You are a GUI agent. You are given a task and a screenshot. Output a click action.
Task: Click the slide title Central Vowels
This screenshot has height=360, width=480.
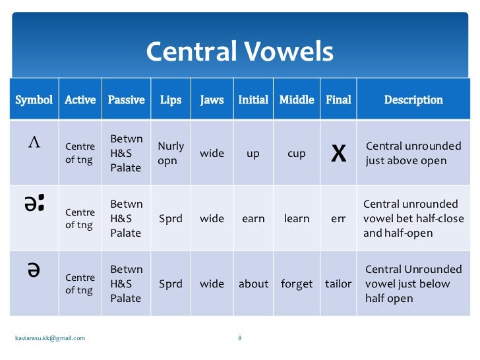(x=239, y=51)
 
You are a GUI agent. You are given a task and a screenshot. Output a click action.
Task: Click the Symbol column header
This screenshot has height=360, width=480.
(x=34, y=100)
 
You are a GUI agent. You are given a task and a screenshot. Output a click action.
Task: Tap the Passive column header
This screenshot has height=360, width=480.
(x=126, y=100)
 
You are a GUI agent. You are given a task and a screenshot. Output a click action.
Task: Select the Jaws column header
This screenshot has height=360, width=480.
(x=212, y=100)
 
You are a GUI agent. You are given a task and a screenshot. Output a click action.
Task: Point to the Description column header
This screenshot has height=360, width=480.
(x=413, y=100)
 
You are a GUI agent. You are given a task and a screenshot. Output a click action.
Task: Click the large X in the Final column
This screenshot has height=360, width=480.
(x=338, y=154)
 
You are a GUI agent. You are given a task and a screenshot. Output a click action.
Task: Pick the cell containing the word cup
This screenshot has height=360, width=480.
(x=297, y=154)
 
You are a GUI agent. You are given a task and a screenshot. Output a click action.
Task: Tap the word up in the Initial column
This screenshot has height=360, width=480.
(x=253, y=154)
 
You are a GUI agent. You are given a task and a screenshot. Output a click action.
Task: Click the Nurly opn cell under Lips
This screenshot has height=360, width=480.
(x=171, y=153)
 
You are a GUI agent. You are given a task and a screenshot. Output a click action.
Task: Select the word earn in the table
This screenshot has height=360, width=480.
(x=253, y=219)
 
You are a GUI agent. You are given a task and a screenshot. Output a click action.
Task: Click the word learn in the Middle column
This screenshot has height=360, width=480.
(x=297, y=219)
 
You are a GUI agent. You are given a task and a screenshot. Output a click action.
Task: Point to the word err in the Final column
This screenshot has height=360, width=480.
(x=338, y=219)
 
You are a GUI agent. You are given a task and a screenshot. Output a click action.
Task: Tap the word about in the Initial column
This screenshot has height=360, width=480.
(x=253, y=284)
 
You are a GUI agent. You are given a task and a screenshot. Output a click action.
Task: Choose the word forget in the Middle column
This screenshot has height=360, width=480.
(x=297, y=284)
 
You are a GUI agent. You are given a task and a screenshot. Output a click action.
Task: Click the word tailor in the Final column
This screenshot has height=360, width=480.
(x=338, y=284)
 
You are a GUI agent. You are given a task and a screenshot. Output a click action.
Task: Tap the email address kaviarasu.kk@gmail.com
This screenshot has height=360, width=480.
(x=50, y=338)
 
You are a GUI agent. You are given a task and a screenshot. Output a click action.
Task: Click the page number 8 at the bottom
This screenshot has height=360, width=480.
(x=239, y=338)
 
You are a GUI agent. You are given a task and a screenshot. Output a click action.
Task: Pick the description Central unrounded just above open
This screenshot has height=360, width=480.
(x=413, y=154)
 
